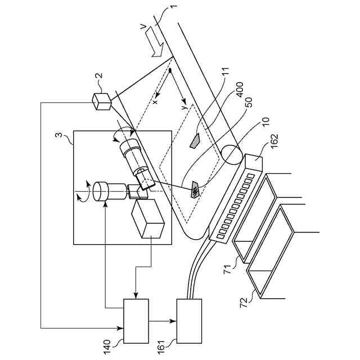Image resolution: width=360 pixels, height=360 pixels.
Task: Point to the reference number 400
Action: [x=239, y=93]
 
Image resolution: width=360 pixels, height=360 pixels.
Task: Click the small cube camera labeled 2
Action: [x=102, y=101]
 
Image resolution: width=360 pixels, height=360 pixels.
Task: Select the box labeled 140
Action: [x=136, y=321]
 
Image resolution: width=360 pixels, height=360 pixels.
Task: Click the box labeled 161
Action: [x=189, y=321]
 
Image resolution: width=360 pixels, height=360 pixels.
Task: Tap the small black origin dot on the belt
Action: [x=170, y=71]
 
